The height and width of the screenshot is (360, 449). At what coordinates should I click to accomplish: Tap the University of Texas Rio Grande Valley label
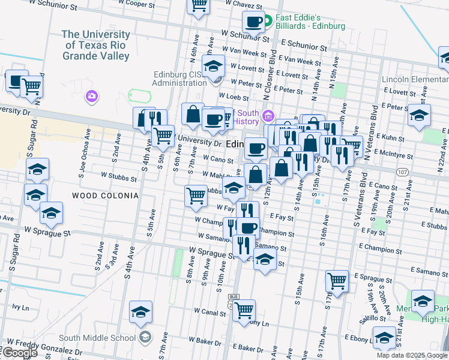point(96,45)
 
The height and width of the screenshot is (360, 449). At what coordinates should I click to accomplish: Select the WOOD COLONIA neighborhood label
point(105,196)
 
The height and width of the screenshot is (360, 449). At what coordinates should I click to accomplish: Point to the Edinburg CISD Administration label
point(179,79)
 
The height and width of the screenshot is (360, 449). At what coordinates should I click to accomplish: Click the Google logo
point(19,353)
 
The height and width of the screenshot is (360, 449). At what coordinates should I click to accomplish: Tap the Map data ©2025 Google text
point(412,355)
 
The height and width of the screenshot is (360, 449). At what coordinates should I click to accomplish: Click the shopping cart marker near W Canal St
point(244,311)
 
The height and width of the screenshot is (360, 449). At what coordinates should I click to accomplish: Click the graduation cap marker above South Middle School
point(140,311)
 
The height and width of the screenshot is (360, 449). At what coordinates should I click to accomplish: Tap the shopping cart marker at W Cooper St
point(198,5)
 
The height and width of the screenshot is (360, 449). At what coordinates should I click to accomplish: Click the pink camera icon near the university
point(91,96)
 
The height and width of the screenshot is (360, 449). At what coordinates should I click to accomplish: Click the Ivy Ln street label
point(20,307)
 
